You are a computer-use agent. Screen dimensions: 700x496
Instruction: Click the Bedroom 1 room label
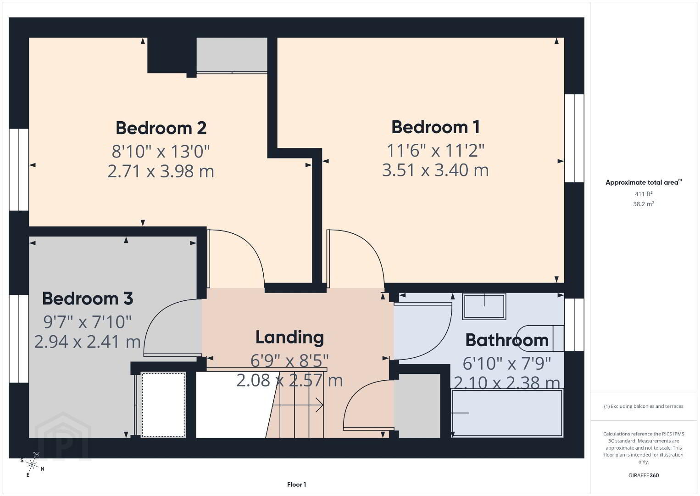(435, 127)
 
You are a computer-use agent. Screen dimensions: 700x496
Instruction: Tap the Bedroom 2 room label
(161, 128)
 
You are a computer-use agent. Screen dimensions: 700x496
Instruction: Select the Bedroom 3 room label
(88, 298)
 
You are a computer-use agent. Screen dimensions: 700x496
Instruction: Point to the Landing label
(290, 338)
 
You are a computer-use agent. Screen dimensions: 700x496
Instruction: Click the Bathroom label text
(507, 340)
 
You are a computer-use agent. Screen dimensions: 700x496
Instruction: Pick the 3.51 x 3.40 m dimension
(435, 170)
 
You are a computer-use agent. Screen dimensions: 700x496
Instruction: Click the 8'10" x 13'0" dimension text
(161, 152)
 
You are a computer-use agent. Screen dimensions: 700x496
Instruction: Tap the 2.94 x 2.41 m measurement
(87, 341)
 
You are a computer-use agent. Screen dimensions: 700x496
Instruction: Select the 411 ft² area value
(644, 194)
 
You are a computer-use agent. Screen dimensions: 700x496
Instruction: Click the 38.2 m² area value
(644, 204)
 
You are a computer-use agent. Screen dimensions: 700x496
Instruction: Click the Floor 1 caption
(297, 485)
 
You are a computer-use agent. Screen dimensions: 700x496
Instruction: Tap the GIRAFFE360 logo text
(644, 475)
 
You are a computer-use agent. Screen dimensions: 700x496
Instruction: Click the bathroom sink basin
(484, 306)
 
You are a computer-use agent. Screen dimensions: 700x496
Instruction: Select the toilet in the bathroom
(541, 338)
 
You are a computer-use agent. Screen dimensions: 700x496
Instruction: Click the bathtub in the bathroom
(507, 413)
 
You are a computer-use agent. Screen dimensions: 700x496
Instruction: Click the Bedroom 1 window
(574, 138)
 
